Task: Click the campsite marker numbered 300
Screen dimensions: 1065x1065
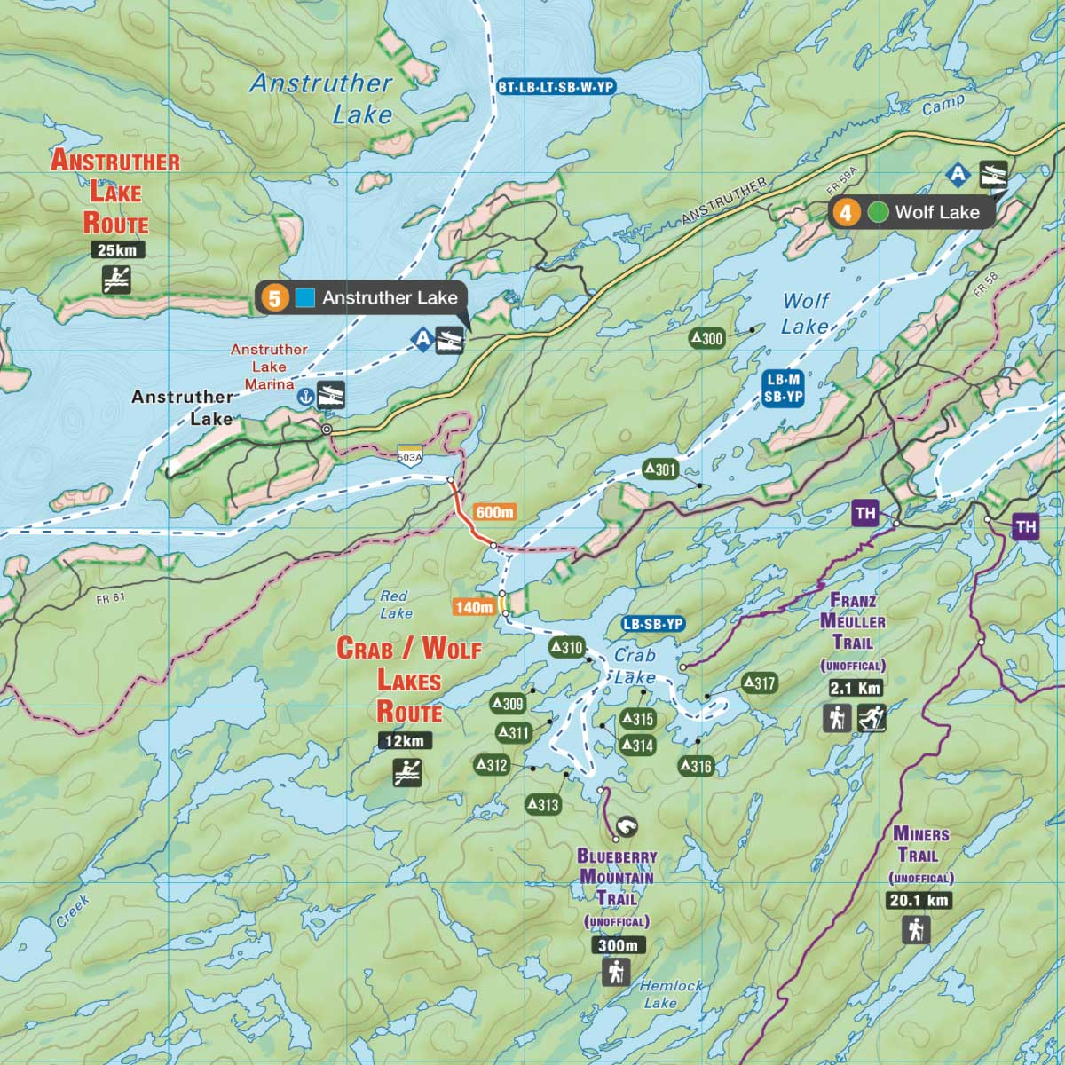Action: pos(707,338)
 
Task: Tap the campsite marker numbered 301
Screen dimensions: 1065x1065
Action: pos(660,470)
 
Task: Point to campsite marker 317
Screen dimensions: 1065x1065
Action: pos(759,682)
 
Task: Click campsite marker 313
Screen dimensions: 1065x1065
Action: pos(543,804)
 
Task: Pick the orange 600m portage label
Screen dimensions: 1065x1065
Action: pos(494,512)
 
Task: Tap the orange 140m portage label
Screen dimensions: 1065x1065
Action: pos(473,607)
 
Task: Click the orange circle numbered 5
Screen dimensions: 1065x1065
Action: pos(274,298)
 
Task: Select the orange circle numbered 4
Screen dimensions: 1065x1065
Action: pos(846,212)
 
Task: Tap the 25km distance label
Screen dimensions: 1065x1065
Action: pos(117,249)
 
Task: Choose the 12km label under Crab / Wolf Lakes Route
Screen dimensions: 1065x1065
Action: pos(406,741)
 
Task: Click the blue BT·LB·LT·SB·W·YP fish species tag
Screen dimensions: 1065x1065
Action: pos(556,87)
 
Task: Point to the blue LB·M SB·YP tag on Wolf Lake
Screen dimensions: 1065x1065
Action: pos(782,389)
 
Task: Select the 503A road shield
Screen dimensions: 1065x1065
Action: pos(410,455)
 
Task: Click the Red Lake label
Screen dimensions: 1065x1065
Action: pos(394,604)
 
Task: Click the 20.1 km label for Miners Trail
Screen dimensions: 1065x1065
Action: pos(918,900)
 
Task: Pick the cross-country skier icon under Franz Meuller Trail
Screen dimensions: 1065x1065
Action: pos(872,717)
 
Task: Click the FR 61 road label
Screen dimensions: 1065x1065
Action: pos(111,597)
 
